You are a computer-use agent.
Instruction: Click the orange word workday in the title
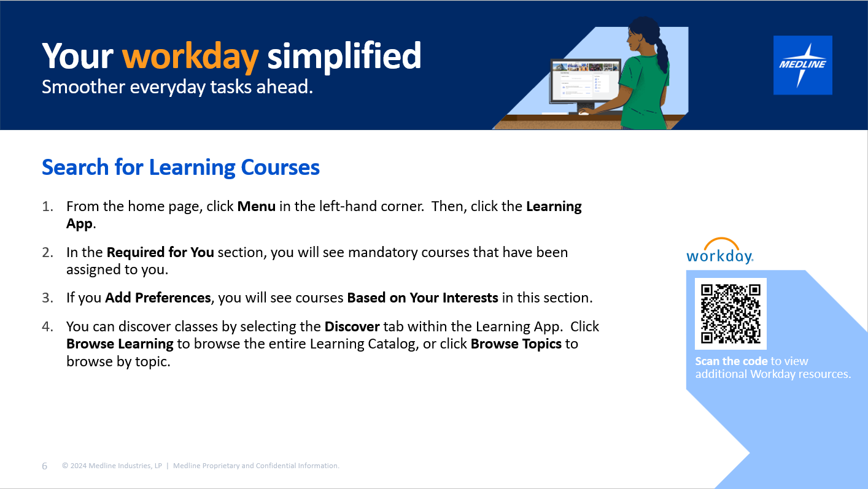pyautogui.click(x=190, y=58)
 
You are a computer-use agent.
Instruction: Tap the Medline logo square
pyautogui.click(x=802, y=65)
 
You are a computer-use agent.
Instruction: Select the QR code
pyautogui.click(x=730, y=314)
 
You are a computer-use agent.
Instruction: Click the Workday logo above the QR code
pyautogui.click(x=719, y=251)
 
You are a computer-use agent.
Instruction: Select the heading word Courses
pyautogui.click(x=280, y=167)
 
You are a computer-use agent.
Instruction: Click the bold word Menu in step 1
pyautogui.click(x=256, y=206)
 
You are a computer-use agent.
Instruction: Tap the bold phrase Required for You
pyautogui.click(x=160, y=252)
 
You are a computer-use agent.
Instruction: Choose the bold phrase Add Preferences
pyautogui.click(x=158, y=298)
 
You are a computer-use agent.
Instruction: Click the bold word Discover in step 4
pyautogui.click(x=352, y=327)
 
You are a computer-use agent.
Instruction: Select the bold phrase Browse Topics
pyautogui.click(x=516, y=344)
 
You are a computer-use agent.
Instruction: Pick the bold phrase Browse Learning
pyautogui.click(x=120, y=344)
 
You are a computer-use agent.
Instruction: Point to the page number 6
pyautogui.click(x=45, y=466)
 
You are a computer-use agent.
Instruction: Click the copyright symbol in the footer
pyautogui.click(x=65, y=466)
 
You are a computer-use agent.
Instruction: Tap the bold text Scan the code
pyautogui.click(x=731, y=361)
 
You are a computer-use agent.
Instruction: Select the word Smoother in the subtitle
pyautogui.click(x=83, y=87)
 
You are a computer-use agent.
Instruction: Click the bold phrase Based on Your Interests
pyautogui.click(x=422, y=298)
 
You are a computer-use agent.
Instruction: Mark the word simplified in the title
pyautogui.click(x=344, y=56)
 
